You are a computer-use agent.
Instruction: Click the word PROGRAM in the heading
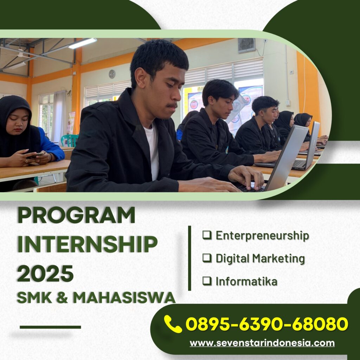coord(76,215)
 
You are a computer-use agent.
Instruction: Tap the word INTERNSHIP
coord(87,244)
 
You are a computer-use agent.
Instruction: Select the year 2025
coord(45,274)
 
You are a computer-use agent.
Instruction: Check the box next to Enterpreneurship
coord(207,235)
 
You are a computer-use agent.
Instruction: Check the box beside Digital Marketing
coord(207,258)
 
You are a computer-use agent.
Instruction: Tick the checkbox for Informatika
coord(207,281)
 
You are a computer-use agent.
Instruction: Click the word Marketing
coord(278,259)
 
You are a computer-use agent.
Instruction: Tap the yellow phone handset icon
coord(173,324)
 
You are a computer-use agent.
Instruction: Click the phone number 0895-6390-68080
coord(267,324)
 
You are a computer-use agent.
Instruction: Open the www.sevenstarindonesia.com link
coord(262,343)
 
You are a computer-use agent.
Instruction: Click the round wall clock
coord(112,74)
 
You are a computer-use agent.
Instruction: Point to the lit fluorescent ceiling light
coord(83,43)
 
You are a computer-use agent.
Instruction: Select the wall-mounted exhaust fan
coord(246,45)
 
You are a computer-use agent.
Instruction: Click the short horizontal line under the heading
coord(50,327)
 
